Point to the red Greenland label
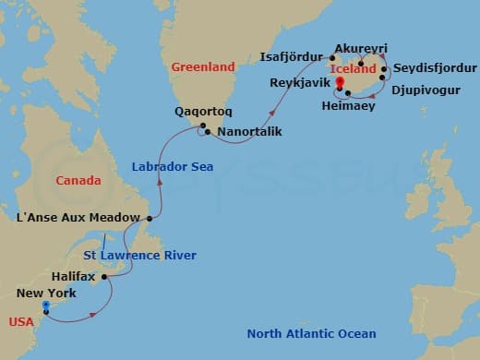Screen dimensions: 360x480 click(203, 66)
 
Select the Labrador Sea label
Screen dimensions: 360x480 click(173, 167)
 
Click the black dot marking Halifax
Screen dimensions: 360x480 click(104, 275)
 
